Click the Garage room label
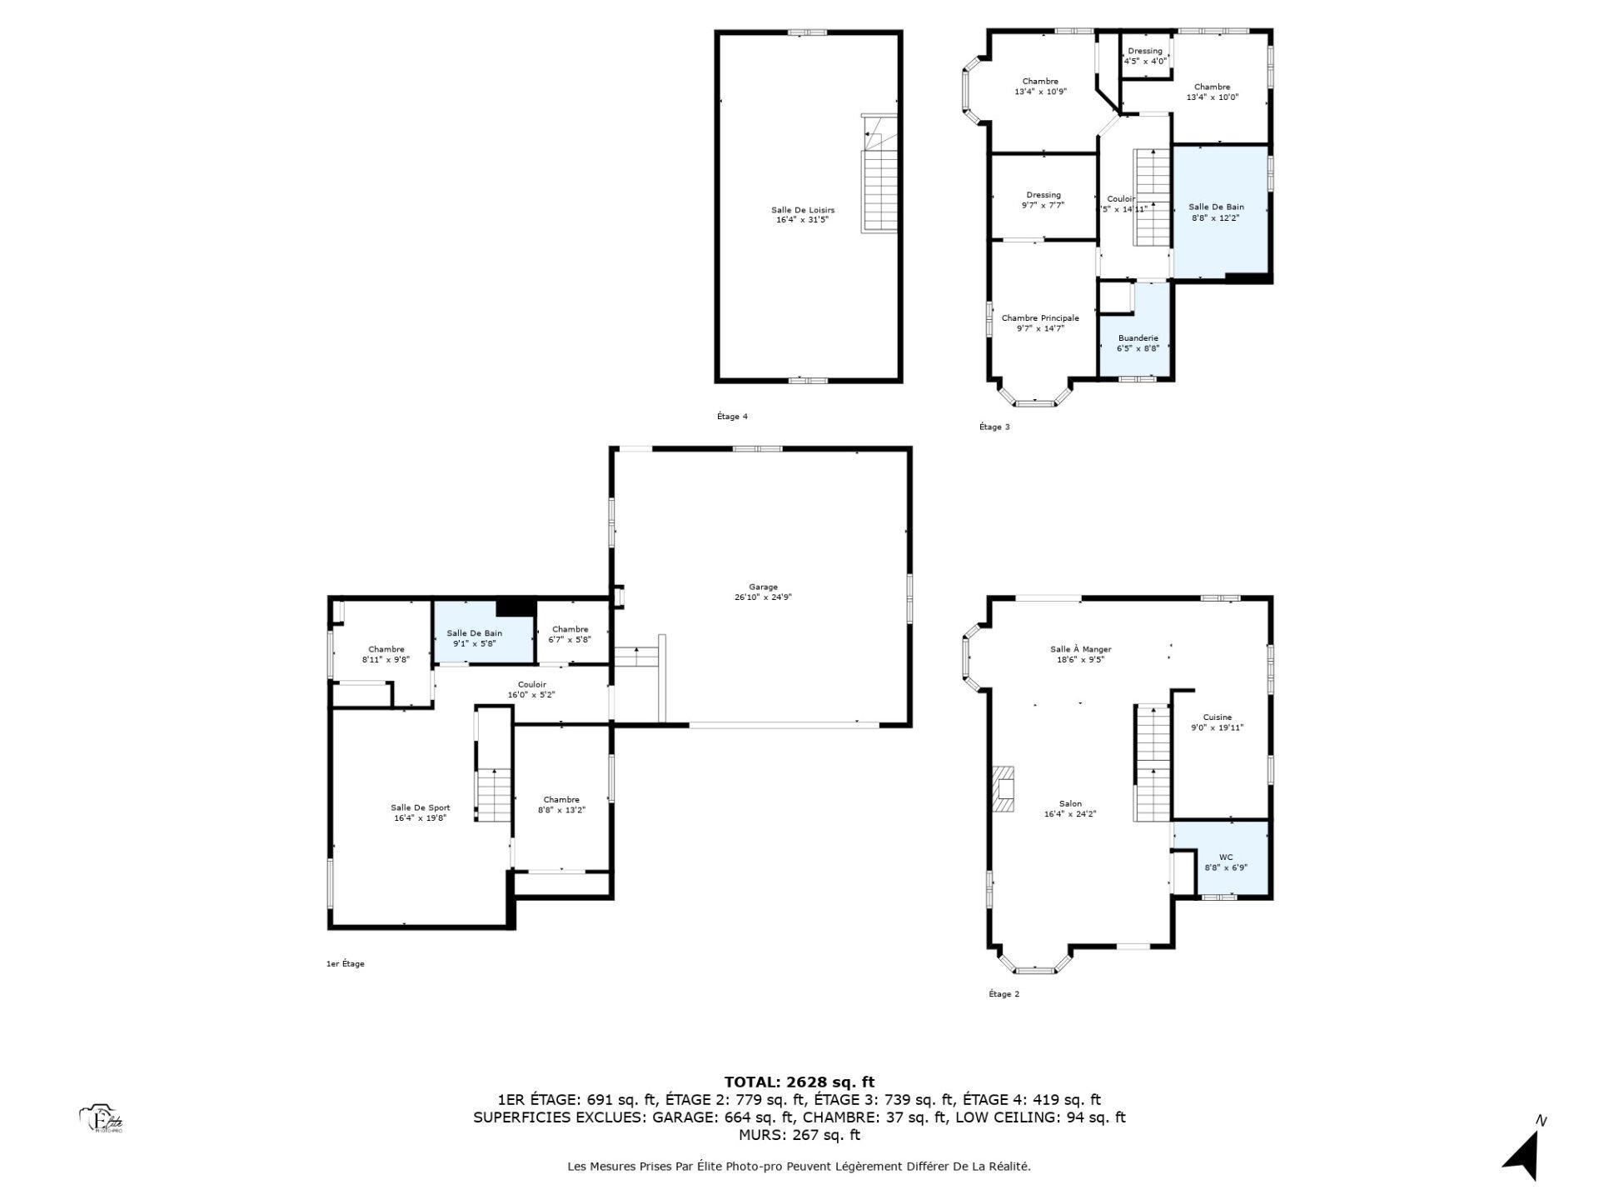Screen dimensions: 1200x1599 (x=763, y=587)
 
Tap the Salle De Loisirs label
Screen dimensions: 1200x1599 (x=802, y=210)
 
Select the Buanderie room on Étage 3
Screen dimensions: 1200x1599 (x=1138, y=342)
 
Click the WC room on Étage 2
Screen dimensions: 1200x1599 (x=1225, y=862)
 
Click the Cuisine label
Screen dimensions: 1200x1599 (x=1217, y=717)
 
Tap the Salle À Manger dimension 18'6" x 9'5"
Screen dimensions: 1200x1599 (x=1080, y=660)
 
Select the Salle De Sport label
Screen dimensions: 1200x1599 (x=421, y=807)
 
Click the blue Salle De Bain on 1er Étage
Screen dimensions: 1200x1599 (x=475, y=638)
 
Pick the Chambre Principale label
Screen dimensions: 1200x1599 (x=1040, y=317)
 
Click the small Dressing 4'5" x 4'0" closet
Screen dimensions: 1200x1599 (x=1145, y=56)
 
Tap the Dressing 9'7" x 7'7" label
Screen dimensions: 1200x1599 (x=1043, y=195)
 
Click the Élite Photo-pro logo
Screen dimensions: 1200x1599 (x=102, y=1119)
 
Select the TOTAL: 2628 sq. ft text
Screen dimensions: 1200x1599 (x=799, y=1082)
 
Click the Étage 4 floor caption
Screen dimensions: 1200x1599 (x=732, y=417)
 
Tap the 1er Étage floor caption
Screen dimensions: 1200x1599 (x=345, y=964)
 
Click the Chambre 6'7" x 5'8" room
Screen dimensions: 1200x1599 (x=570, y=634)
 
